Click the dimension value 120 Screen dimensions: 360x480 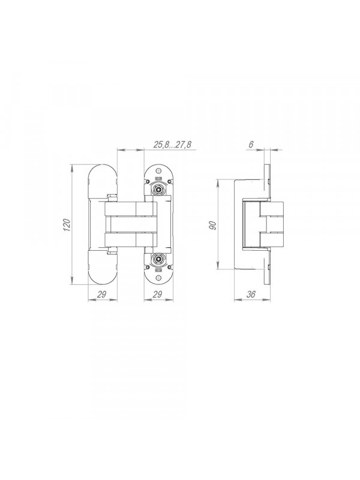click(68, 225)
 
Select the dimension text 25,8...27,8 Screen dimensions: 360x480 click(172, 145)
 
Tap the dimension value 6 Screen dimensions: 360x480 click(251, 145)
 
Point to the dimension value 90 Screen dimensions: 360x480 click(214, 225)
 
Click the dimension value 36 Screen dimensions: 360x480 click(251, 295)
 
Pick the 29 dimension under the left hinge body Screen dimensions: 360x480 click(102, 295)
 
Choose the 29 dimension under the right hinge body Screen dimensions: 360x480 click(157, 295)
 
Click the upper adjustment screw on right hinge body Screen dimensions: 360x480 click(158, 189)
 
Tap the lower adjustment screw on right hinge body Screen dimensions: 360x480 click(158, 260)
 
